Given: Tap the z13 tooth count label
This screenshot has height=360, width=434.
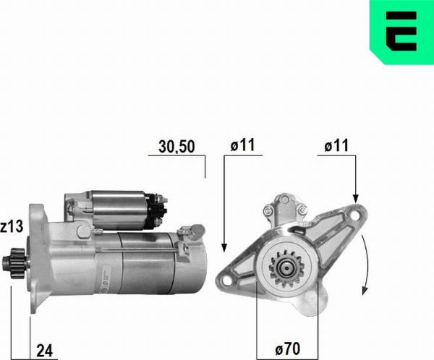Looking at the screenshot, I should coord(12,227).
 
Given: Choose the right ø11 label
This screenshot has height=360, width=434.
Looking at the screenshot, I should coord(337,145).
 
